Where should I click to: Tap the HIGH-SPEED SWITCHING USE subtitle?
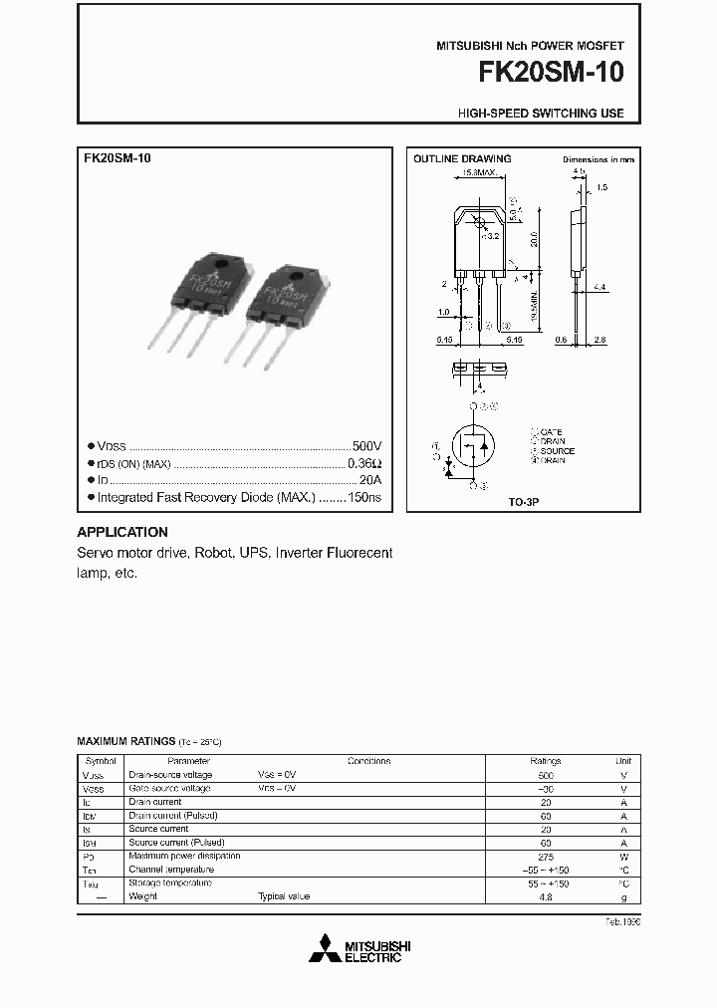pos(541,114)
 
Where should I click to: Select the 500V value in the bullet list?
pos(366,447)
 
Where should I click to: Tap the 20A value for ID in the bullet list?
pos(370,480)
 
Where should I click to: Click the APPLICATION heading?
pos(122,532)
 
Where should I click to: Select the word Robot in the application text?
pos(213,553)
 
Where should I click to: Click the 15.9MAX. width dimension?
pos(479,173)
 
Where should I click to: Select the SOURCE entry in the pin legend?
pos(557,451)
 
